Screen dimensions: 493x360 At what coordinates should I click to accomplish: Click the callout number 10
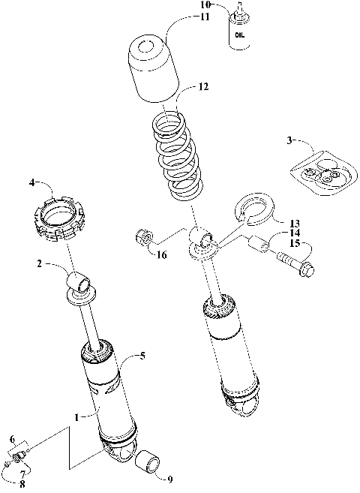tap(205, 5)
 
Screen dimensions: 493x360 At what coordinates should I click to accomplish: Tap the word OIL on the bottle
tap(238, 35)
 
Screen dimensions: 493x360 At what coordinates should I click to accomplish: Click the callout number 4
tap(34, 182)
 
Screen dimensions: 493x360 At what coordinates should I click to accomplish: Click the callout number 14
tap(293, 233)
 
